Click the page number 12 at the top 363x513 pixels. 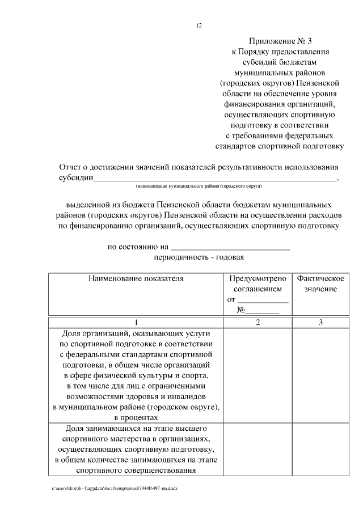[198, 26]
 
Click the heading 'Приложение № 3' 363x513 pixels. [281, 41]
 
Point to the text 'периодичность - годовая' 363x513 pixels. [199, 258]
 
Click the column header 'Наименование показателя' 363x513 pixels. [136, 279]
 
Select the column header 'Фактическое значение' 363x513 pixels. [320, 284]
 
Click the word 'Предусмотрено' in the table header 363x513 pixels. [258, 279]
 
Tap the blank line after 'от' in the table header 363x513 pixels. [263, 300]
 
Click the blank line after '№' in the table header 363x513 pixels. [262, 311]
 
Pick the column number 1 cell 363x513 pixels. [136, 323]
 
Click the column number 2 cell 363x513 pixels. [258, 323]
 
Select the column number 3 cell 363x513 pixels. [320, 323]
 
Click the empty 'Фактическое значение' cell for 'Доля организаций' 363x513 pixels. [320, 375]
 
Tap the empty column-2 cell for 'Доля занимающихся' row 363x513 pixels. [258, 448]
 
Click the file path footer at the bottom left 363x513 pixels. [114, 488]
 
